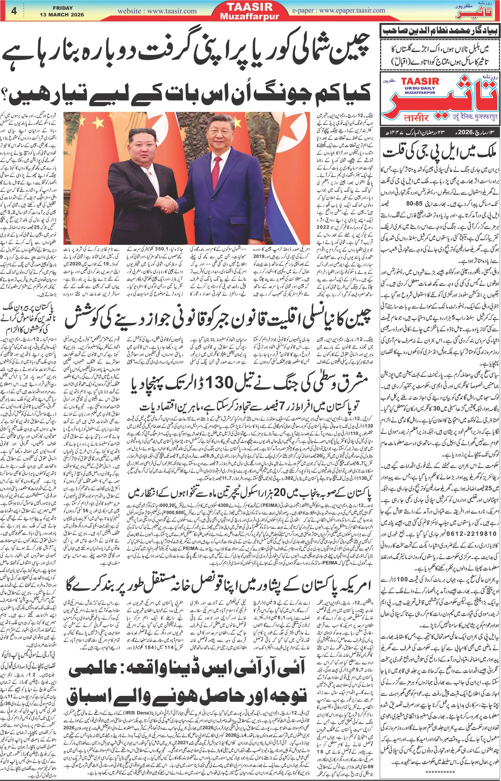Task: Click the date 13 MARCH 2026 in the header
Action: point(62,15)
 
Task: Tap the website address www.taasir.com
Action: point(157,11)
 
